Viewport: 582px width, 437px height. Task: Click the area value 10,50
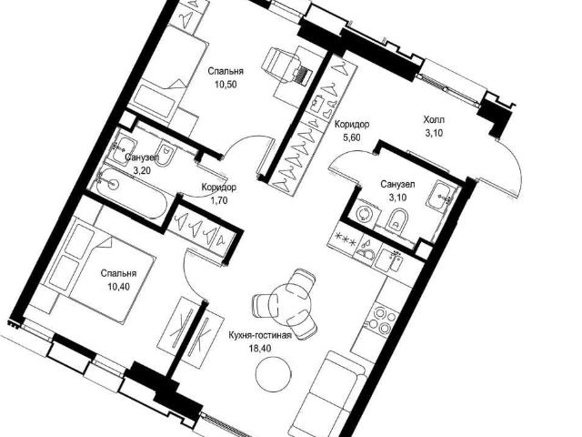226,85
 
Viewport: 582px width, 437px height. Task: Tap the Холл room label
434,120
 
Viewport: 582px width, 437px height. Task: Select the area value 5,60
352,137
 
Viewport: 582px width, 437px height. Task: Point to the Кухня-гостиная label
260,336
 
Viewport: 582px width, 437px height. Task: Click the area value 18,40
261,349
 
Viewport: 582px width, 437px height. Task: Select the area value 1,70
218,201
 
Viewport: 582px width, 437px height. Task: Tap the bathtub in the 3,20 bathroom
133,194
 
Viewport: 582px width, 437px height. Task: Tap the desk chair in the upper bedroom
283,64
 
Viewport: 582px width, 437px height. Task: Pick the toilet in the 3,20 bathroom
166,153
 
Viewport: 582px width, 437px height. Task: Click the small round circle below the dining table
274,374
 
